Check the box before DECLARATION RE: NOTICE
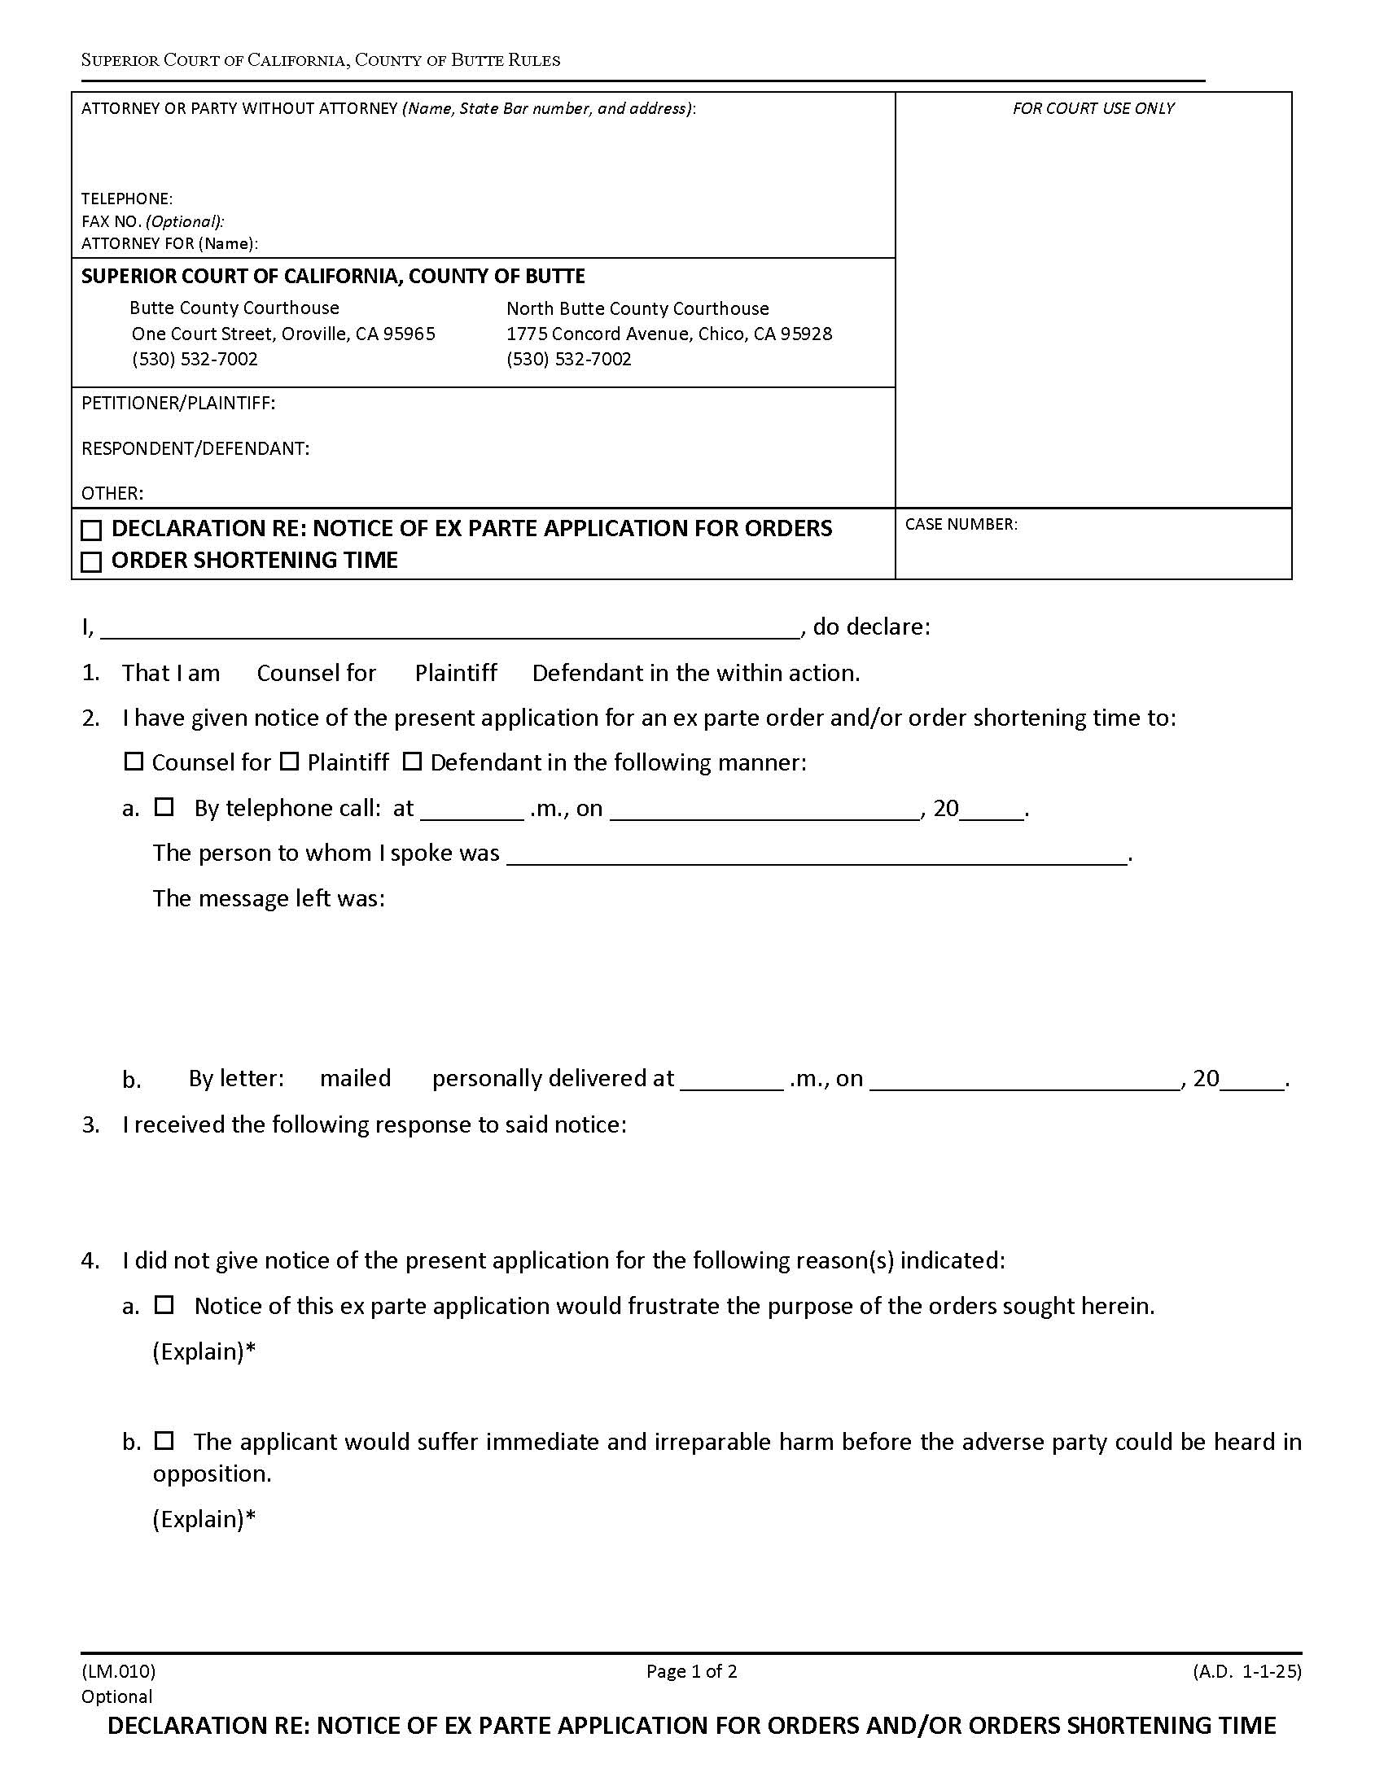[92, 530]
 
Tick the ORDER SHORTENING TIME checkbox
[92, 562]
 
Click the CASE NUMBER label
[961, 525]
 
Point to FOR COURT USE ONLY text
[1092, 108]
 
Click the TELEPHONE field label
[126, 199]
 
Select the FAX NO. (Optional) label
[152, 221]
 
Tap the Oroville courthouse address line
[282, 334]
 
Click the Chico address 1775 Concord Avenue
[668, 334]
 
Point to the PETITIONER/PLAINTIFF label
[178, 404]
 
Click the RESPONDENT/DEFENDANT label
[195, 448]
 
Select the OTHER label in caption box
[112, 493]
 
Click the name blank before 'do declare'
[449, 628]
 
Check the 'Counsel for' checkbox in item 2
[134, 762]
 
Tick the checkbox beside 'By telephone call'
[164, 807]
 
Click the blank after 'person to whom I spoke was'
[817, 854]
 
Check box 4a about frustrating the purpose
[164, 1305]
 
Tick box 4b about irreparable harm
[164, 1440]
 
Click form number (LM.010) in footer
[118, 1670]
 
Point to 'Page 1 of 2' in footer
[691, 1670]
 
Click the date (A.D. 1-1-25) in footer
[1246, 1670]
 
